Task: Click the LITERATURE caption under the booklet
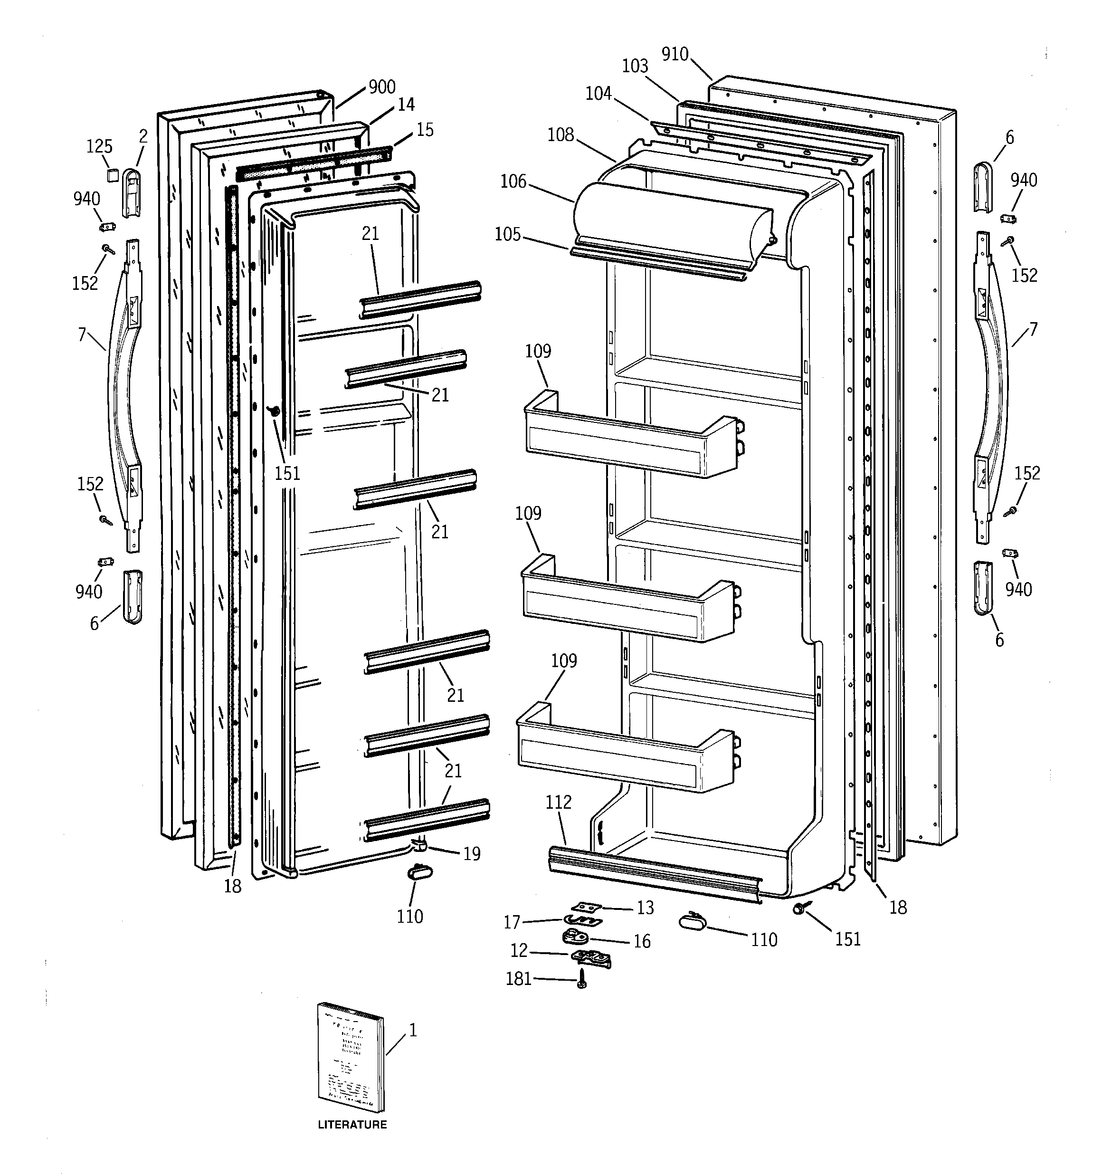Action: tap(352, 1125)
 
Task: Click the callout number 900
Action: tap(381, 87)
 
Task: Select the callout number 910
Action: tap(675, 55)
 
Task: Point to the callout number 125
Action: tap(99, 147)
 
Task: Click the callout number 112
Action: tap(559, 802)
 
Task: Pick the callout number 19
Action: tap(472, 853)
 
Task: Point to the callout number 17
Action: tap(512, 922)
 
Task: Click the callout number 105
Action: tap(507, 235)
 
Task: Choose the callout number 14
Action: tap(406, 105)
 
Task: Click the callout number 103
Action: tap(635, 66)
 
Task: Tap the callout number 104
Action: tap(598, 94)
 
